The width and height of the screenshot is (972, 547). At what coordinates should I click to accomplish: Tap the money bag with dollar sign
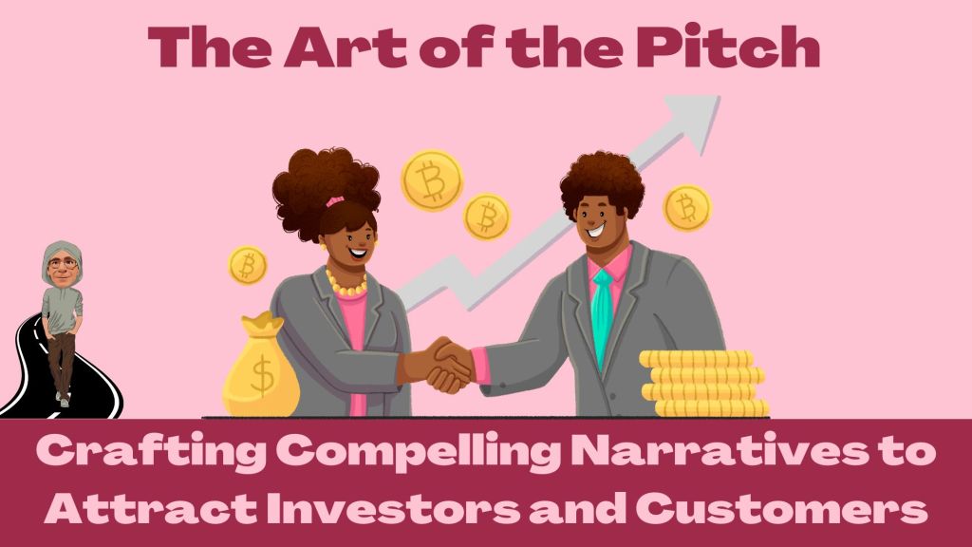point(261,370)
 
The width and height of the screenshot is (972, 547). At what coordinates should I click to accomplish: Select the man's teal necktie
point(602,314)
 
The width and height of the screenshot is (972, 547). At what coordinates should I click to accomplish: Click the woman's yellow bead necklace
point(346,284)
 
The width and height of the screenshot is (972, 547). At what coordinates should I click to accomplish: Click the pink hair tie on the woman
point(334,201)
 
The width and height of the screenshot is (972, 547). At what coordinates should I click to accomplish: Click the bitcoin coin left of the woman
point(248,265)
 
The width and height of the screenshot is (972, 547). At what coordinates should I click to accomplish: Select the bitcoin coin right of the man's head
point(686,207)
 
